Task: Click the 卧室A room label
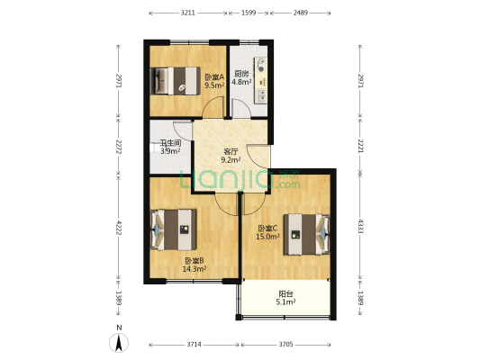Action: point(214,76)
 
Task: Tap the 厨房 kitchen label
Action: point(241,74)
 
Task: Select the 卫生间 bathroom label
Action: point(170,143)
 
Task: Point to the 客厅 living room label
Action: point(231,151)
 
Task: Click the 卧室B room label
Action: point(195,261)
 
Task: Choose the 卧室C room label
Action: point(267,229)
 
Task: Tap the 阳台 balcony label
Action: point(285,294)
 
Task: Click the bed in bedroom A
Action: point(176,81)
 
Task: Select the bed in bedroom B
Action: point(174,229)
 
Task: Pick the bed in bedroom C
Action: point(306,235)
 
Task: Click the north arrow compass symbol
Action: point(119,343)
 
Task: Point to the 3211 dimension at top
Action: point(187,13)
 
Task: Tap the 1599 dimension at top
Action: point(249,13)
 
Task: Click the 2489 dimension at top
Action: point(300,13)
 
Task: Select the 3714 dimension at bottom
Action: point(195,345)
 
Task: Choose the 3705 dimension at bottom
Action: point(285,345)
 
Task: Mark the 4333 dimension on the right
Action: point(360,226)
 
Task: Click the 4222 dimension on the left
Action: point(119,228)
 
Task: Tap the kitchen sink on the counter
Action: point(261,95)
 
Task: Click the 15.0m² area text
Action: point(267,237)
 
